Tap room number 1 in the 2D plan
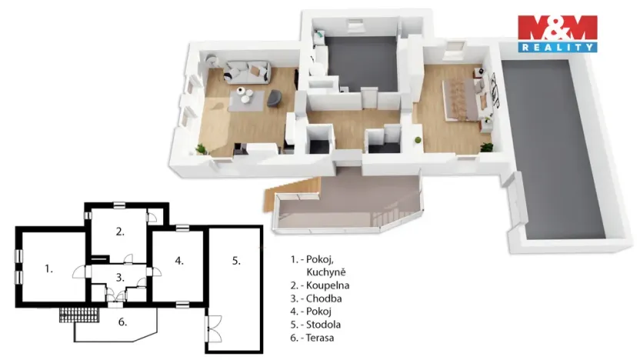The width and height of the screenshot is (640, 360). point(48,268)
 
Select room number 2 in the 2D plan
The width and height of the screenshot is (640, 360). point(120,231)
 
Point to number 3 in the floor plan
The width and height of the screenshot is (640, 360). point(120,277)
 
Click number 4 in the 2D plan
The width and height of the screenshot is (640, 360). point(179,261)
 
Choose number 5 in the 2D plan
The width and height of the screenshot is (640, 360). point(236,261)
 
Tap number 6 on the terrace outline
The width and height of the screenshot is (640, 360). point(122,322)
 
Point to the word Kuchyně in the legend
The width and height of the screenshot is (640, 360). point(326,272)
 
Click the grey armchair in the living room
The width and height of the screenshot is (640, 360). point(272,98)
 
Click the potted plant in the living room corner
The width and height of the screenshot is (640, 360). point(202,148)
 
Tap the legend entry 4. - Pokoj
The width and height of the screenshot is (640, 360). point(312,312)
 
